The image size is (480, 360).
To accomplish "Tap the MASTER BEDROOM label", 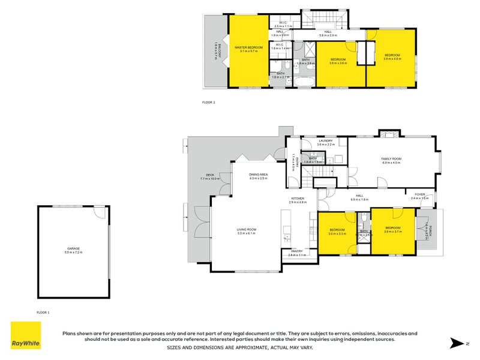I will coord(248,47).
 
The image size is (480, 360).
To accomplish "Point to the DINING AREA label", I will coord(259,174).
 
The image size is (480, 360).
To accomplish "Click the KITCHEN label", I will coord(298,198).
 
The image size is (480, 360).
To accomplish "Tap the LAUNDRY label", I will coord(326,141).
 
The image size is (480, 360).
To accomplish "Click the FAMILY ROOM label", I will coord(391,158).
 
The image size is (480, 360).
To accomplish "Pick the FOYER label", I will coord(420,194).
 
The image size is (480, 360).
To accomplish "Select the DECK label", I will coord(210,175).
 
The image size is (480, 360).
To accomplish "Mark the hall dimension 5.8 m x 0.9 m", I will coord(328,35).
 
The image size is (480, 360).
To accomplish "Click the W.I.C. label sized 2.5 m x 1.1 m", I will coord(283,24).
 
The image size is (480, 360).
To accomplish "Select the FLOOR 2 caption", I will coord(208,103).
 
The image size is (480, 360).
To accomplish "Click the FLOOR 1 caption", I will coord(43,312).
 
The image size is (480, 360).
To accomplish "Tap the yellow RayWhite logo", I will coord(26,335).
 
